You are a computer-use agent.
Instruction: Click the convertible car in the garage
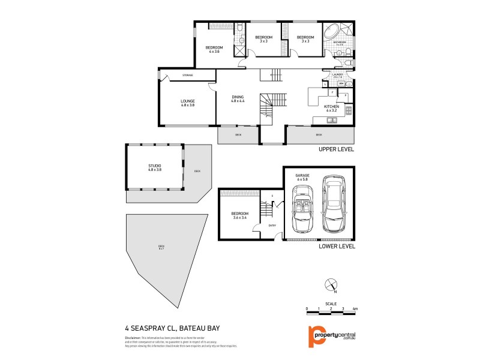[x=300, y=209]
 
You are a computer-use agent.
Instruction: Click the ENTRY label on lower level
[x=272, y=226]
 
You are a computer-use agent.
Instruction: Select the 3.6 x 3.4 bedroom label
[x=239, y=217]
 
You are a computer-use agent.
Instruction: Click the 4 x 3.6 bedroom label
[x=214, y=49]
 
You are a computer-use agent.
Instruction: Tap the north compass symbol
[x=329, y=286]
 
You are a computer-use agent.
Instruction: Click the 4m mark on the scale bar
[x=355, y=308]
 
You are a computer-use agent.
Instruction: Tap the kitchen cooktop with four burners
[x=348, y=110]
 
